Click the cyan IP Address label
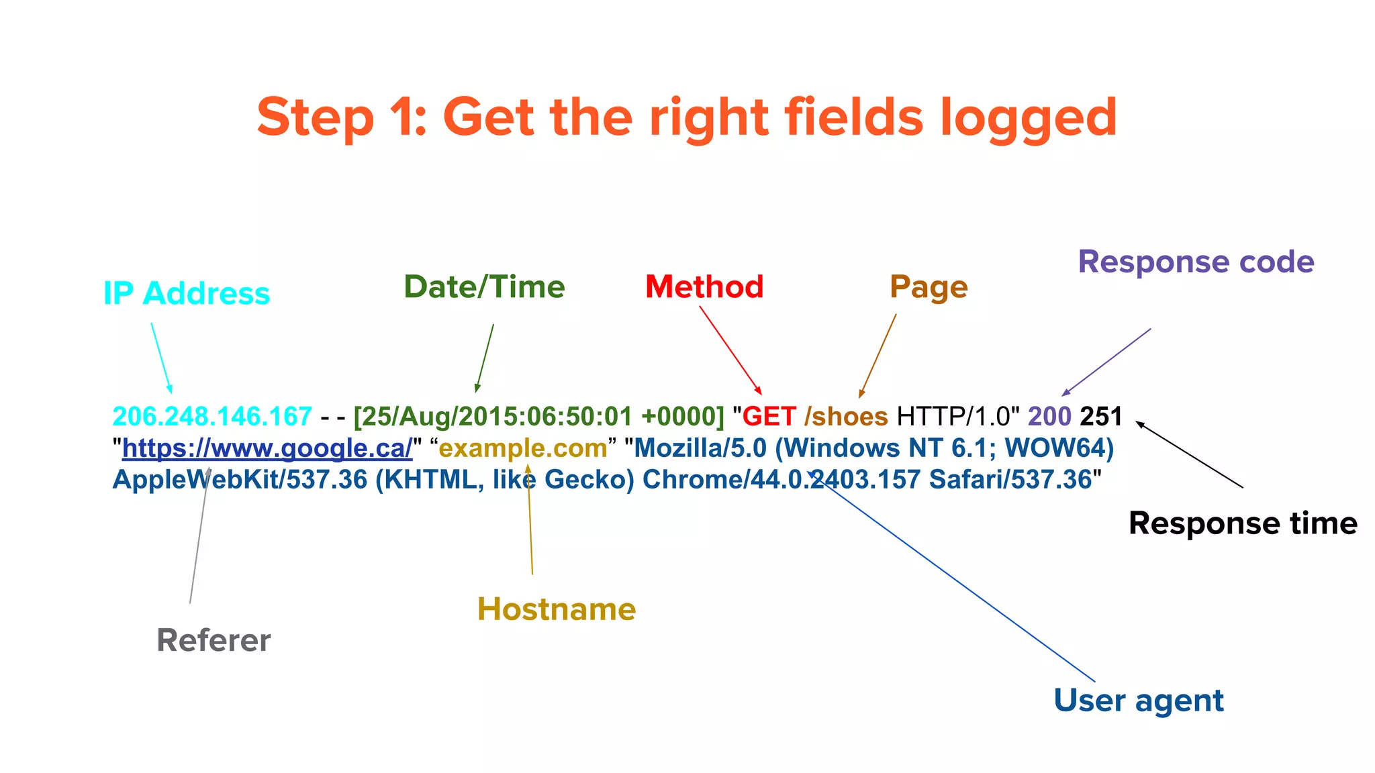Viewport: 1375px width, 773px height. (187, 293)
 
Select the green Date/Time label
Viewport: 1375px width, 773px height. (484, 287)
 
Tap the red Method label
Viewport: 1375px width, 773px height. (704, 287)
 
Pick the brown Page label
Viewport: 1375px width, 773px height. (929, 287)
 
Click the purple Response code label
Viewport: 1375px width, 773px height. (1196, 261)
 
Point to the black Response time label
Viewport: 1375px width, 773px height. (1243, 523)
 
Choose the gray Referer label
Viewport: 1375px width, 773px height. (214, 639)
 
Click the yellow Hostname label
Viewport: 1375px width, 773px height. (557, 609)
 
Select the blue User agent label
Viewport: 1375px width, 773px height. (1139, 700)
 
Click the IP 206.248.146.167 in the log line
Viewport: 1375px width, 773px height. (212, 417)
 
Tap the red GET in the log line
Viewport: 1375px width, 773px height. (769, 417)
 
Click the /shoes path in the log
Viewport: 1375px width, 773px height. (846, 417)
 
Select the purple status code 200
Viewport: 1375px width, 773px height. (1049, 417)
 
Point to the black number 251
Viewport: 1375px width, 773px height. (1101, 417)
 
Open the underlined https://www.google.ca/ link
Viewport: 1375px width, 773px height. (267, 448)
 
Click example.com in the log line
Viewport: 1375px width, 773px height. (523, 448)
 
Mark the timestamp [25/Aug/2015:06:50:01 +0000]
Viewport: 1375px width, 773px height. (539, 417)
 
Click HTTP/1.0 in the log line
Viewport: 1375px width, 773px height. (954, 417)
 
